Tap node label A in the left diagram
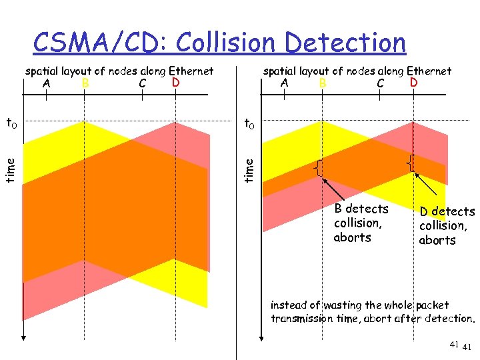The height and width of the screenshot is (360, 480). coord(46,83)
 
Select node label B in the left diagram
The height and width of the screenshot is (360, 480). coord(85,83)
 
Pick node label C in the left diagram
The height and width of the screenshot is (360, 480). coord(142,83)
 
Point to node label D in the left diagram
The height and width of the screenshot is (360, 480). coord(175,83)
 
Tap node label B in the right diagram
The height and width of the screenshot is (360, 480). coord(323,83)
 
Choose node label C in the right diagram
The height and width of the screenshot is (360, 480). coord(380,83)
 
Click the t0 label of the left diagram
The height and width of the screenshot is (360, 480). coord(12,123)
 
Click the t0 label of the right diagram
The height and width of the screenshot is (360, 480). coord(248,123)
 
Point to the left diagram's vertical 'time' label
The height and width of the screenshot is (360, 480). coord(10,168)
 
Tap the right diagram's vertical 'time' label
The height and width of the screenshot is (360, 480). coord(249,168)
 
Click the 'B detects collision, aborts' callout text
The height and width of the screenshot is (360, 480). coord(361,223)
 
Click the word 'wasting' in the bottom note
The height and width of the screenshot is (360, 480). coord(343,305)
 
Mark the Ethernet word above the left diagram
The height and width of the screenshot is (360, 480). coord(191,71)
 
